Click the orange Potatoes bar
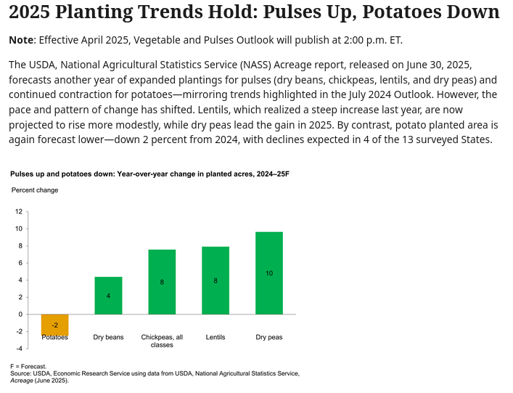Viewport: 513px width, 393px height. pyautogui.click(x=54, y=324)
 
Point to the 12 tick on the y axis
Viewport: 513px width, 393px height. pyautogui.click(x=19, y=211)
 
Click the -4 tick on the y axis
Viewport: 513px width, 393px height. pyautogui.click(x=19, y=349)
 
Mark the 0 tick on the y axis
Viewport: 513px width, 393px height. pyautogui.click(x=20, y=315)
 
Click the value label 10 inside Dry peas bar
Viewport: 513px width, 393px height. pyautogui.click(x=269, y=273)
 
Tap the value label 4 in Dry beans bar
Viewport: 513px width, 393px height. pyautogui.click(x=108, y=296)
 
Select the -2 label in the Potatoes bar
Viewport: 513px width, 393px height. pyautogui.click(x=54, y=325)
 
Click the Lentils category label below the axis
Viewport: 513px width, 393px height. pyautogui.click(x=216, y=337)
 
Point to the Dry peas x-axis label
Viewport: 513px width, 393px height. pyautogui.click(x=269, y=337)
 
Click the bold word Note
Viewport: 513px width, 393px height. pyautogui.click(x=21, y=40)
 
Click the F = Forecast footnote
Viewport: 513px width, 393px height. pyautogui.click(x=28, y=366)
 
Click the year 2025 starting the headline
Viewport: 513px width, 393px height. pyautogui.click(x=29, y=12)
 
